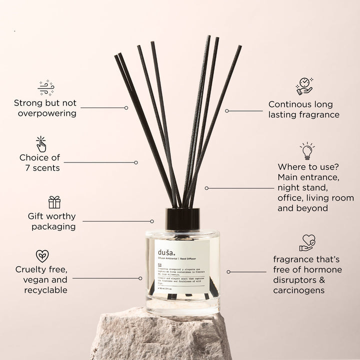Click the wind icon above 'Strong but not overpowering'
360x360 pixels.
point(45,87)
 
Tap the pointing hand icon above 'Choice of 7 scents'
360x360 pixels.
point(41,144)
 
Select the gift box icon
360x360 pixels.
point(54,202)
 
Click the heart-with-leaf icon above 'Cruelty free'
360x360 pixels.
point(42,256)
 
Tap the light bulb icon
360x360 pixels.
point(307,150)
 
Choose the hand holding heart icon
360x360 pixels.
point(307,243)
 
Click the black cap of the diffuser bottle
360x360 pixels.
point(182,218)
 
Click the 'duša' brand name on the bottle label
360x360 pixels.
point(165,251)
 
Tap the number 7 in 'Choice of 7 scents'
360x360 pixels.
point(28,168)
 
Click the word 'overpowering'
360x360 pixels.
point(47,113)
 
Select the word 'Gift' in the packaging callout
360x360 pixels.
point(37,216)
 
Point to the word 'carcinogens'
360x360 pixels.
point(298,290)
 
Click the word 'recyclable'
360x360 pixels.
point(45,290)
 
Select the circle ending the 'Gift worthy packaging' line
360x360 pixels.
point(152,221)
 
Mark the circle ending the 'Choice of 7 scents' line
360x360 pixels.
point(136,162)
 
